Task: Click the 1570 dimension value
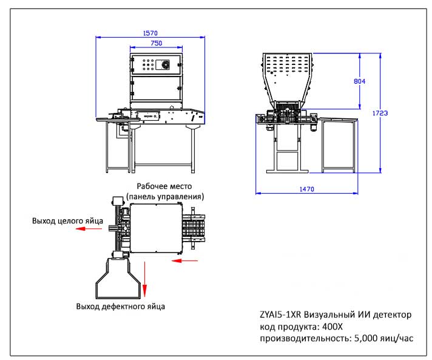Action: pos(150,33)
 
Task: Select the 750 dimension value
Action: pos(156,44)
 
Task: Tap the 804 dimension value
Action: pos(359,80)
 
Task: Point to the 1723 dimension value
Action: pos(381,113)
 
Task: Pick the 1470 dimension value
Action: pos(306,189)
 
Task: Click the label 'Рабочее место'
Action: pos(164,187)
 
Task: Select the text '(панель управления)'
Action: pos(165,197)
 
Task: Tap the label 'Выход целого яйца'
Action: pos(68,221)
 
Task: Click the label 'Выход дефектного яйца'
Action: pos(120,306)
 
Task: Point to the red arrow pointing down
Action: pos(146,279)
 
